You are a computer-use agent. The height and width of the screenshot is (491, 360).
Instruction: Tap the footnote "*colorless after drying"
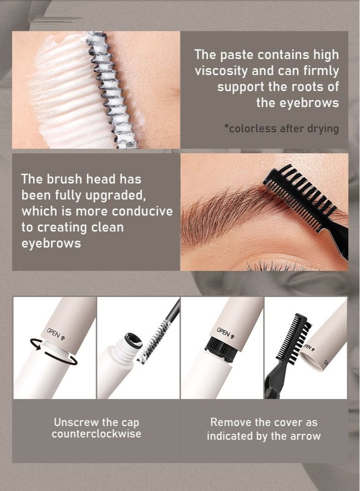click(x=281, y=129)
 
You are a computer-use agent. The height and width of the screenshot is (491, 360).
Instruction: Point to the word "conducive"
click(x=142, y=211)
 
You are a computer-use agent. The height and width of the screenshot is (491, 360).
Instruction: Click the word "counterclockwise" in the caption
click(x=97, y=434)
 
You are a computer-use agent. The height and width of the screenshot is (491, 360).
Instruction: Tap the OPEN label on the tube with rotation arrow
click(x=56, y=334)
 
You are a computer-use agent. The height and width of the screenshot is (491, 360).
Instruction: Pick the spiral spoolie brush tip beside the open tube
click(x=154, y=343)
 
